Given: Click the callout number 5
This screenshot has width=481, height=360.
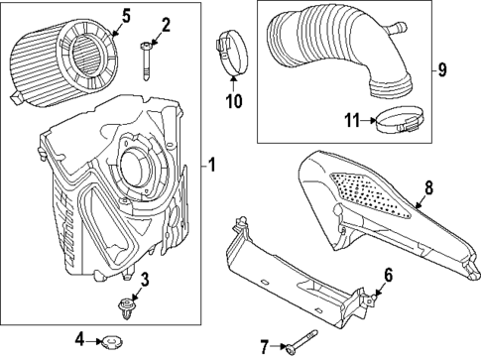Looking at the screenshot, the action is (126, 17).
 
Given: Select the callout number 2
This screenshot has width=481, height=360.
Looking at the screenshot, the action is (166, 26).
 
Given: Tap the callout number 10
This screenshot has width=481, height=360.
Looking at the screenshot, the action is (234, 101).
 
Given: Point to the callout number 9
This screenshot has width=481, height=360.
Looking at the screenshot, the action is (442, 69).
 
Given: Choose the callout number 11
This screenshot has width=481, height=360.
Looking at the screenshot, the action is (352, 120).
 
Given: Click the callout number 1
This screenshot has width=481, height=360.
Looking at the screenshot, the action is (212, 165).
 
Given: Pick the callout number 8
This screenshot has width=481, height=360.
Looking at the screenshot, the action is (428, 188).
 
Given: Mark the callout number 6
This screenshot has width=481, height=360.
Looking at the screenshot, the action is (388, 275).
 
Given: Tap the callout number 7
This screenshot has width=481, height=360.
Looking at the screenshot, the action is (264, 347).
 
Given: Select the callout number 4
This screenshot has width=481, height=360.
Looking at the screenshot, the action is (79, 339).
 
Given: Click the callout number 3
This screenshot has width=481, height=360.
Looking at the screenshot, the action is (145, 280).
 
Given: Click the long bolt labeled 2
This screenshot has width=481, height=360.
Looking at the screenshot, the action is (146, 60).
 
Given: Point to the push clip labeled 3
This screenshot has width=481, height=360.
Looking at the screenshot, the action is (127, 308).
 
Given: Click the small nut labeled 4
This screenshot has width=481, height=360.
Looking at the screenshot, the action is (111, 341).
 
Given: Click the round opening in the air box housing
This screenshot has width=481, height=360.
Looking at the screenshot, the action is (131, 167).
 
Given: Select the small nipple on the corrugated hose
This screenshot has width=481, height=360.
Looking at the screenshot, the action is (398, 28).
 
